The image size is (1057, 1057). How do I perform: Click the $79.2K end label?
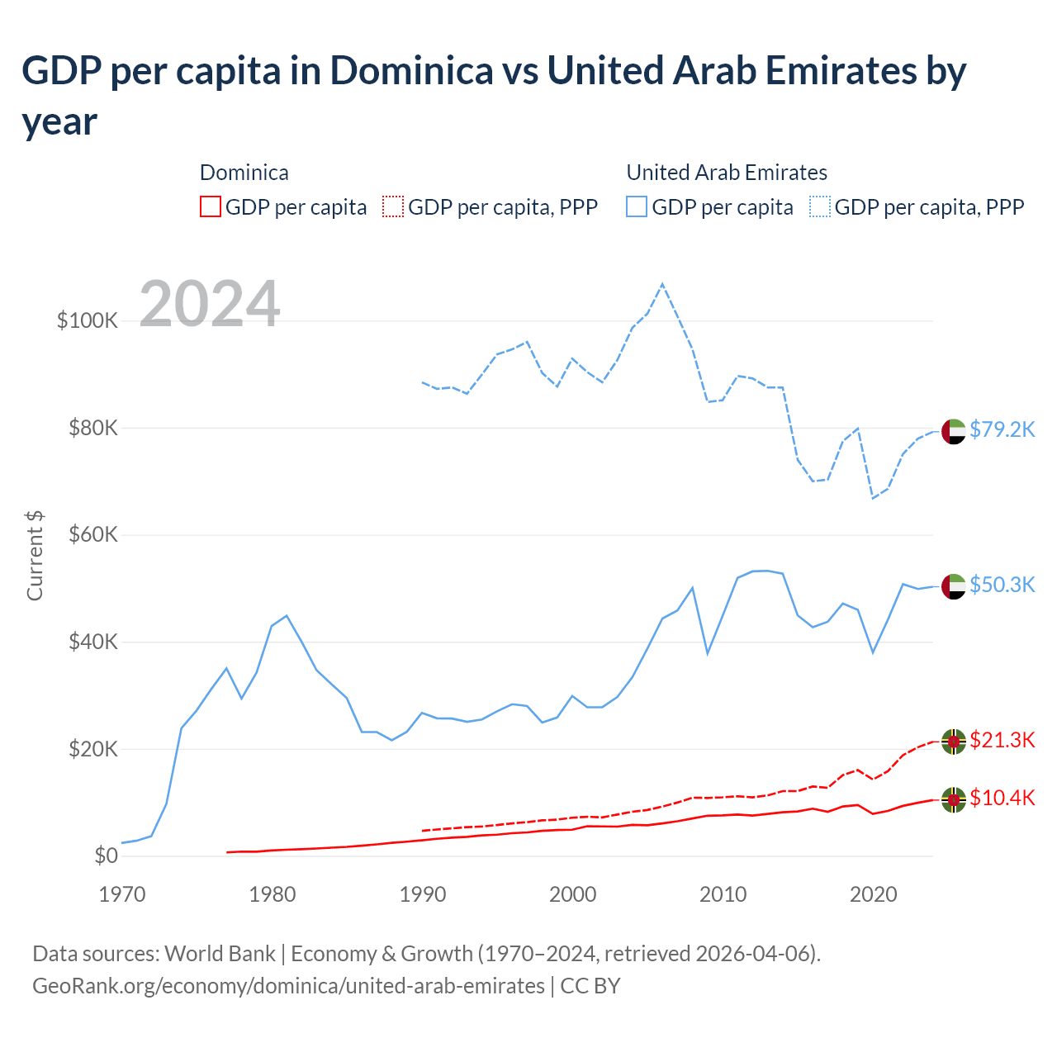[x=1002, y=429]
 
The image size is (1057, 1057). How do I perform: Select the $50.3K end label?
[x=1002, y=585]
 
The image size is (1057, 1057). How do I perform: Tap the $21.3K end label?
[x=1002, y=740]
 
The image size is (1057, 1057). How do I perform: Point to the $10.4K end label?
[x=1002, y=798]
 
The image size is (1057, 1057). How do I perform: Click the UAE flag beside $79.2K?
[x=954, y=431]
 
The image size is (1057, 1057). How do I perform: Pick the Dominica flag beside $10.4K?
[x=954, y=799]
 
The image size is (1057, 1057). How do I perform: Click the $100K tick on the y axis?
[x=88, y=320]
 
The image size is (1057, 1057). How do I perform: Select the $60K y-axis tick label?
[x=92, y=534]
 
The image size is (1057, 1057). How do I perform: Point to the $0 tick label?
[x=107, y=856]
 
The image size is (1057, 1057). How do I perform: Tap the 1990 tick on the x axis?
[x=423, y=894]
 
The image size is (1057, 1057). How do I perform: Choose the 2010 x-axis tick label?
[x=723, y=894]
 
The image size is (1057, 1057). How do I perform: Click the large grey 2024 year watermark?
[x=210, y=304]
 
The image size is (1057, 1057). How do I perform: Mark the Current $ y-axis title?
[x=35, y=555]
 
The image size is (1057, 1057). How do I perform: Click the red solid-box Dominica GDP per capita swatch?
[x=211, y=206]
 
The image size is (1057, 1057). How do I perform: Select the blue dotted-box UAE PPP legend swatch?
[x=820, y=206]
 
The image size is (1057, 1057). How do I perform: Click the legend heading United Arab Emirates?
[x=727, y=173]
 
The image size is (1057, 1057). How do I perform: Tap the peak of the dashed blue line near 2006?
[x=662, y=284]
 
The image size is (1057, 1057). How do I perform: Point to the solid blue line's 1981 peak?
[x=287, y=615]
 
